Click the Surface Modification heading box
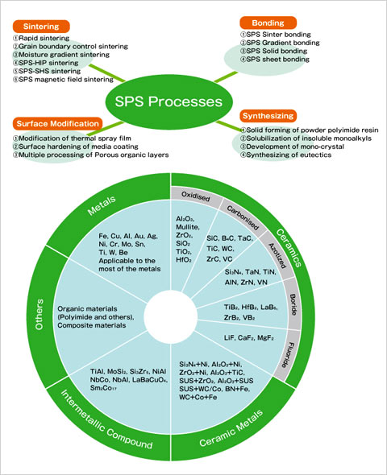point(57,124)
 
